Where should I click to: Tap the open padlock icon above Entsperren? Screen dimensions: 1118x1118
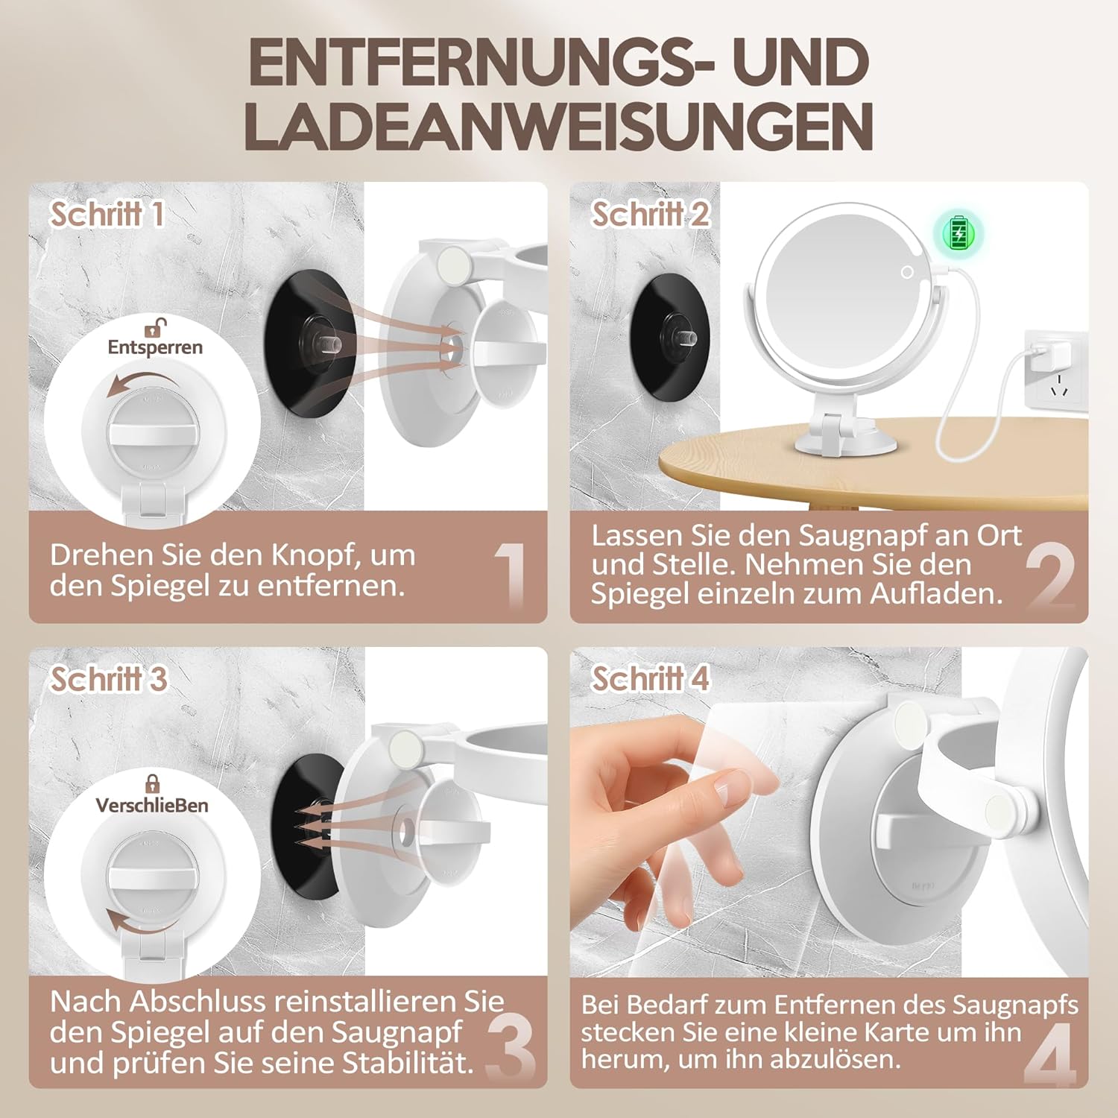tap(155, 326)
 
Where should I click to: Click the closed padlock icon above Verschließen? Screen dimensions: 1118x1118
tap(153, 783)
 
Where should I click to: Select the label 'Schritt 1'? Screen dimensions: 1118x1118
tap(107, 215)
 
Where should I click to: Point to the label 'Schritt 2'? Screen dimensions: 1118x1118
tap(650, 215)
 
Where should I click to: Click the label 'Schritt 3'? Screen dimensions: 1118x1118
tap(108, 679)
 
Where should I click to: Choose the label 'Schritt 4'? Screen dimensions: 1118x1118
tap(650, 679)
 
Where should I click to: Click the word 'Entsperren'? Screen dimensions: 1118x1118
tap(155, 347)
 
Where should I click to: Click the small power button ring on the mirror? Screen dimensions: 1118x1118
tap(907, 272)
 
